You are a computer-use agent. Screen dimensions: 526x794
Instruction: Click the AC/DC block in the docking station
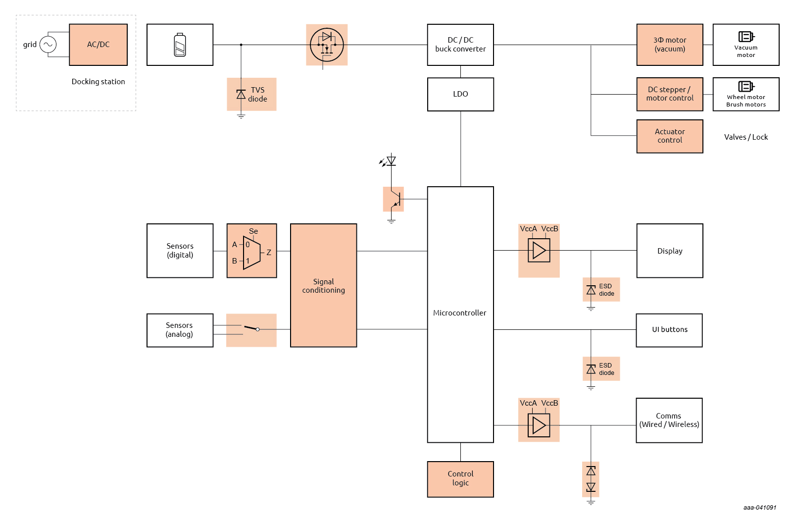click(98, 45)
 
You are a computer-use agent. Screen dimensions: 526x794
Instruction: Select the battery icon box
click(180, 45)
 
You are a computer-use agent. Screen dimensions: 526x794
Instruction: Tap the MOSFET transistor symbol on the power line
click(327, 45)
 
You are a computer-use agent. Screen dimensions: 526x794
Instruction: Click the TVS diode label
click(257, 94)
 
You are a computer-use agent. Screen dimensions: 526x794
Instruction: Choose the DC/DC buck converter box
click(460, 45)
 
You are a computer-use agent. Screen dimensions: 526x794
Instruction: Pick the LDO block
click(460, 94)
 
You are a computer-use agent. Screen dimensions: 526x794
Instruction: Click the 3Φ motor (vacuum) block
click(669, 45)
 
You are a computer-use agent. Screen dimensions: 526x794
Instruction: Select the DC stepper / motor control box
click(669, 94)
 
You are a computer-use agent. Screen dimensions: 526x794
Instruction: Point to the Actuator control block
click(669, 136)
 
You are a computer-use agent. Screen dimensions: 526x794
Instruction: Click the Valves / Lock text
click(745, 137)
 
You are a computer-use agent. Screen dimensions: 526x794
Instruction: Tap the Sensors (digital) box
click(180, 251)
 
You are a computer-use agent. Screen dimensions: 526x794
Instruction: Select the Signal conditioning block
click(323, 285)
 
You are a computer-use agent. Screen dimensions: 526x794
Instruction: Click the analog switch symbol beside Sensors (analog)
click(251, 330)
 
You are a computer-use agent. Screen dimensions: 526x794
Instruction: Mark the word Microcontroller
click(459, 313)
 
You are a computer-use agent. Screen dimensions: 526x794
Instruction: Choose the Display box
click(669, 251)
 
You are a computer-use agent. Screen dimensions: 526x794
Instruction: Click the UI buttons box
click(669, 330)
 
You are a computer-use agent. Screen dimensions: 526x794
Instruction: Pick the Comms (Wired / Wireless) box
click(669, 421)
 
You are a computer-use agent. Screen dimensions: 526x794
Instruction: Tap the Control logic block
click(460, 479)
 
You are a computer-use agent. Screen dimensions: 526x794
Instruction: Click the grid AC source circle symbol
click(48, 45)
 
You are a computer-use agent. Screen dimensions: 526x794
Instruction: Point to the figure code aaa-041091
click(759, 508)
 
